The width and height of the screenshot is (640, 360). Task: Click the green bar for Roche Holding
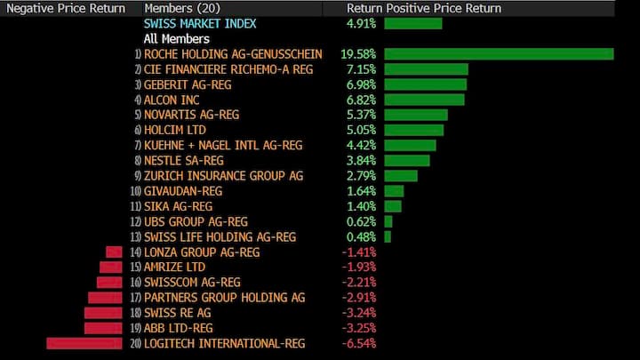(499, 54)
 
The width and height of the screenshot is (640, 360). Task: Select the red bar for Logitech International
(84, 343)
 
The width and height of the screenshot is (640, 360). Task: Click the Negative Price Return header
(66, 8)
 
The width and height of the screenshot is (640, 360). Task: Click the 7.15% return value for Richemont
(360, 69)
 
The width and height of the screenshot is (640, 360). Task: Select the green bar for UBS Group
(388, 221)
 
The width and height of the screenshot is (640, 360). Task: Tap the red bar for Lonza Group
(114, 252)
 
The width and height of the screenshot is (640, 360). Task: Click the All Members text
(177, 39)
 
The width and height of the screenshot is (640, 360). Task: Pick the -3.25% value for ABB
(359, 328)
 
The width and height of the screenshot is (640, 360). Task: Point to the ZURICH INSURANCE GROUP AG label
(223, 176)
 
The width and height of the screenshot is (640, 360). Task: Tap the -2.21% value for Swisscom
(359, 282)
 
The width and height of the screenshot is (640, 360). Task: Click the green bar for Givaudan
(394, 191)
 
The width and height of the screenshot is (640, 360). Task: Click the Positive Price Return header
(444, 8)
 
